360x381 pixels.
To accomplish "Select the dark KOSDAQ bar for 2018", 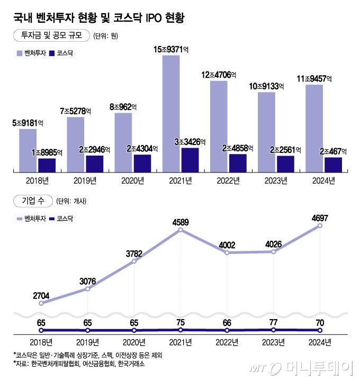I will click(47, 165).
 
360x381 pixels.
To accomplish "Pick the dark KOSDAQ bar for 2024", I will click(332, 165).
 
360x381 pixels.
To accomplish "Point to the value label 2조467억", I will click(333, 151).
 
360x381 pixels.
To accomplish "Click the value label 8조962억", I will click(123, 106).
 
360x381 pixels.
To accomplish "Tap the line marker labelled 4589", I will click(181, 230).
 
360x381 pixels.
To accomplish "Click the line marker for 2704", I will click(41, 303).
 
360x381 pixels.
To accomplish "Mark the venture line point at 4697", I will click(320, 226).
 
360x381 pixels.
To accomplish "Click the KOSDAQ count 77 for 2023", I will click(273, 321).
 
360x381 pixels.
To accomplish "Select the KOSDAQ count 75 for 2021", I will click(181, 321).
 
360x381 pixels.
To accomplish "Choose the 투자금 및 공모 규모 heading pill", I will click(51, 36).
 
